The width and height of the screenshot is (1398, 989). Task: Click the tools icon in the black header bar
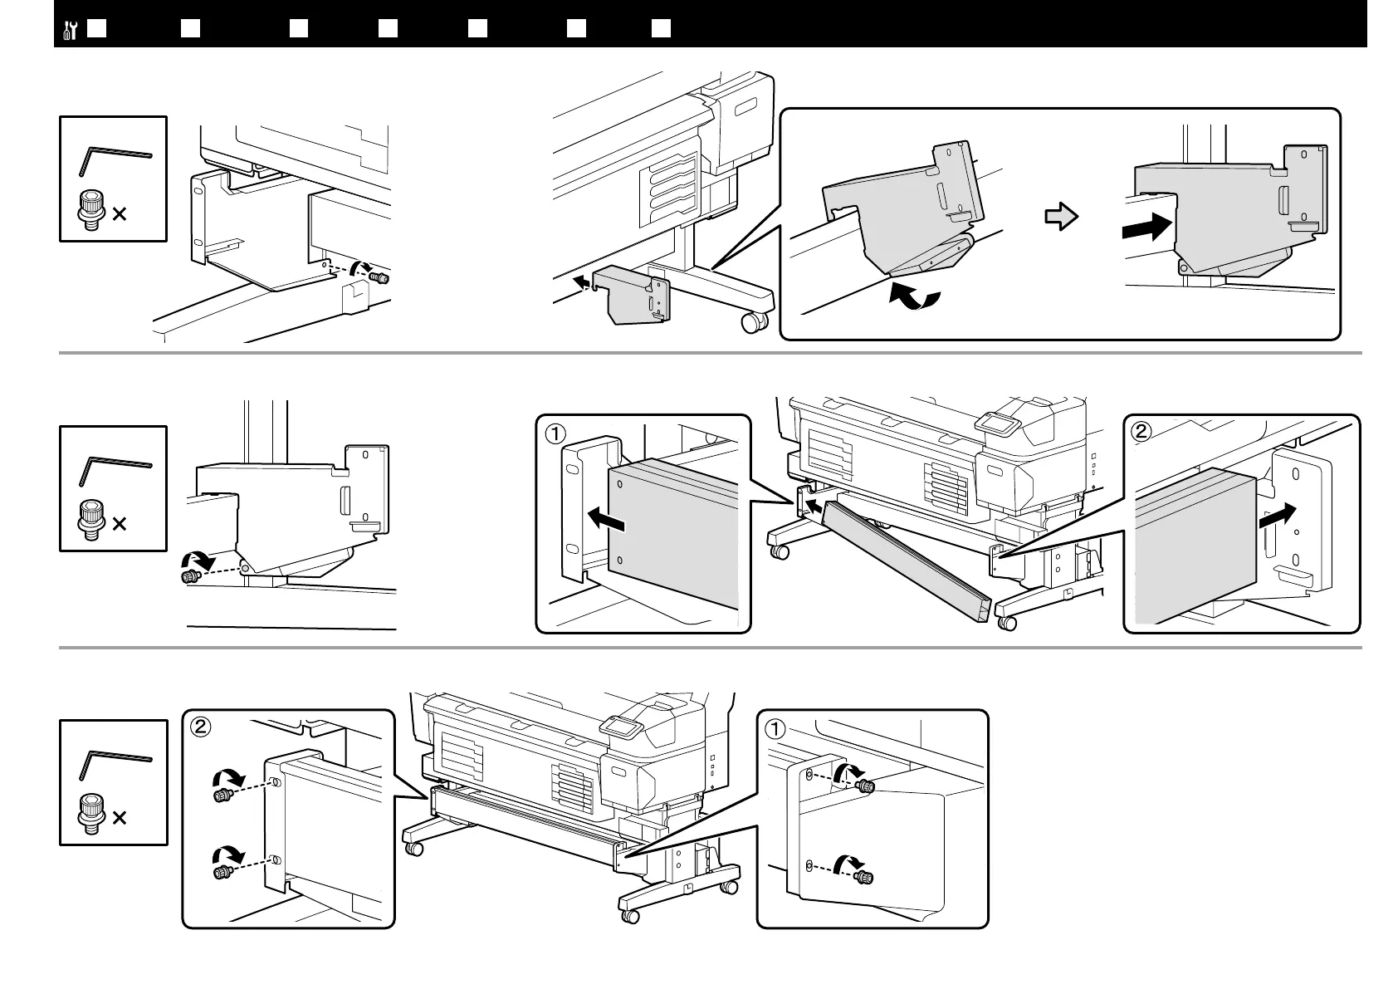70,30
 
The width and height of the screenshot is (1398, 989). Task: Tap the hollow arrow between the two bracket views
1061,218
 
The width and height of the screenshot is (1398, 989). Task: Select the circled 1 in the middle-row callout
555,433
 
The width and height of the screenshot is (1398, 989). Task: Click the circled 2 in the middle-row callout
1142,431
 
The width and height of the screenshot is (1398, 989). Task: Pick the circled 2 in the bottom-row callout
200,727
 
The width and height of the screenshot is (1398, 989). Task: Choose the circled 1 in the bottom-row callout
774,728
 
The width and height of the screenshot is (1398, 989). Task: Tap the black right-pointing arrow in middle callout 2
1276,516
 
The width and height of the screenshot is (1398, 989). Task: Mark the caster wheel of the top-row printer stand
754,322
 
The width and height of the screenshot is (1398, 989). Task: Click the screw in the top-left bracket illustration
380,278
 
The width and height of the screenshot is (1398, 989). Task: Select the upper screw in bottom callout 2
222,796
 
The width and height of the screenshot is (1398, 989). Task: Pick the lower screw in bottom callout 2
222,871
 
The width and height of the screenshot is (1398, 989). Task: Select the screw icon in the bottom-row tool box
89,810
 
